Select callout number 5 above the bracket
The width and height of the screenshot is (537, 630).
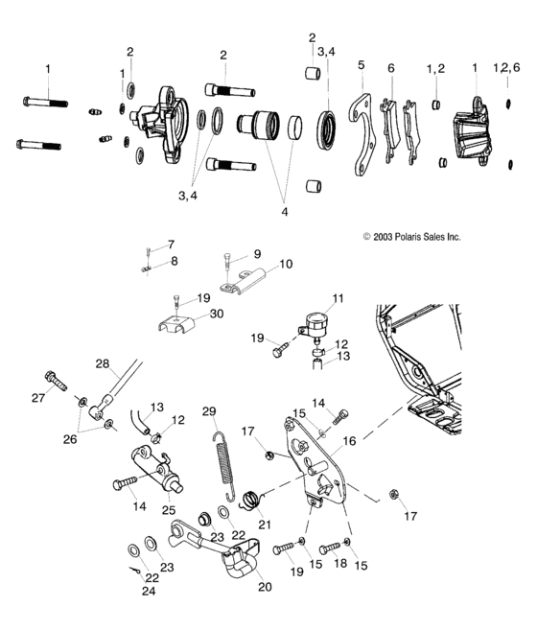(362, 65)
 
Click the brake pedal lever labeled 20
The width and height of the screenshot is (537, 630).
(216, 543)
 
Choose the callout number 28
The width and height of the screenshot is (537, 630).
(103, 364)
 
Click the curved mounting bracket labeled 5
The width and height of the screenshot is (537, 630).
(362, 134)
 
